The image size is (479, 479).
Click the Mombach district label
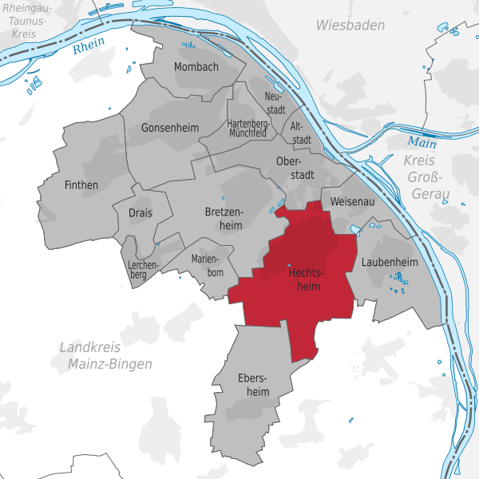(196, 67)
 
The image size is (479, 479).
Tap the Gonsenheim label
(168, 128)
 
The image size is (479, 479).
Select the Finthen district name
(81, 185)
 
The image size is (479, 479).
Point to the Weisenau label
(352, 202)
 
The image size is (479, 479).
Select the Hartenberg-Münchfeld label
(247, 129)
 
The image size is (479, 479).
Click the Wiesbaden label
(350, 26)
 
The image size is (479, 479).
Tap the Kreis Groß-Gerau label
(425, 178)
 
